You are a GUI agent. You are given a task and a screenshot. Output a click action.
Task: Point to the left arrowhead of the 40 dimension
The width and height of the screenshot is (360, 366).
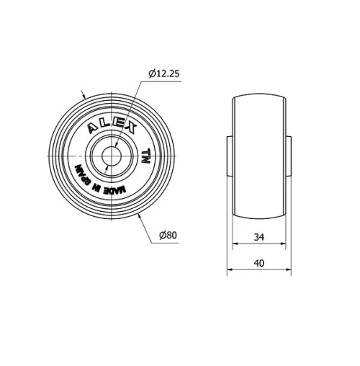coord(230,272)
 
